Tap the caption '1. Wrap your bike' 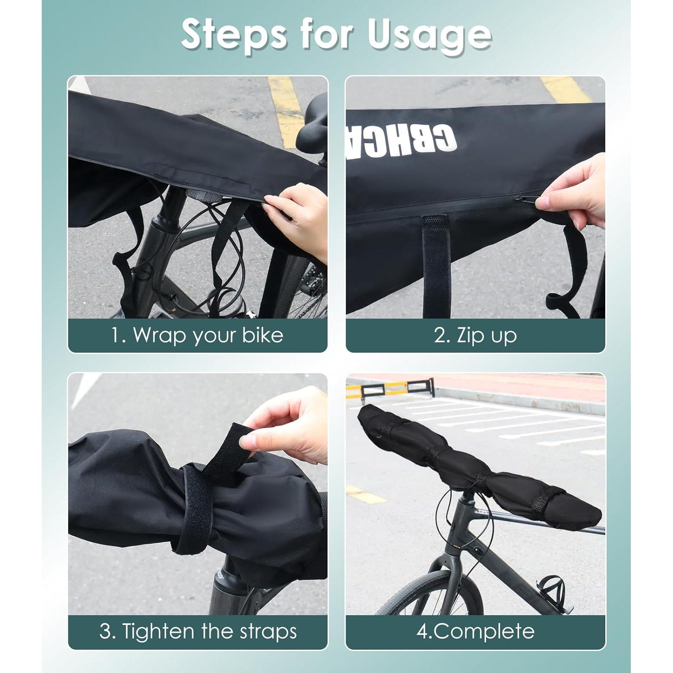[197, 335]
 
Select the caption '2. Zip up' [475, 335]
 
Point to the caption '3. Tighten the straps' [197, 631]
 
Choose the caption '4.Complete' [475, 631]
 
